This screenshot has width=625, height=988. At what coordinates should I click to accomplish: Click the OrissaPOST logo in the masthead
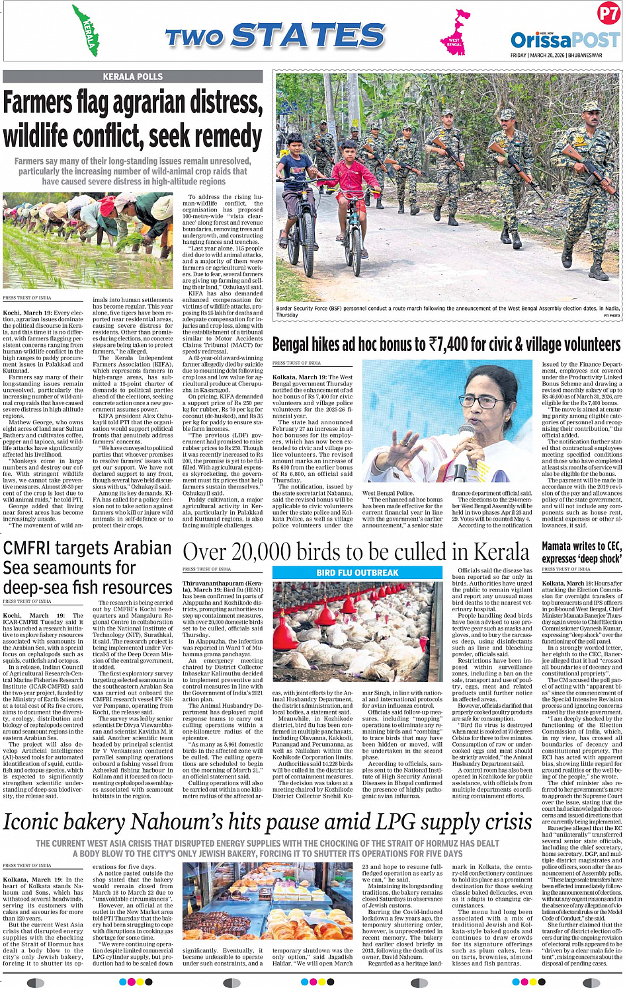click(565, 40)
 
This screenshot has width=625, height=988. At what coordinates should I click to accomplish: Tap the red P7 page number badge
click(608, 14)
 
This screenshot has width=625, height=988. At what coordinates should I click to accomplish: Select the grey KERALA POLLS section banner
click(132, 77)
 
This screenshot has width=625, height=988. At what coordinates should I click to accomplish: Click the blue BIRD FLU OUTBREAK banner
click(357, 572)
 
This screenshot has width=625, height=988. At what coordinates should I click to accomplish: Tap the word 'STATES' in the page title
click(308, 36)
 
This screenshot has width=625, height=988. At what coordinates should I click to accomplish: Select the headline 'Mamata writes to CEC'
click(581, 546)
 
